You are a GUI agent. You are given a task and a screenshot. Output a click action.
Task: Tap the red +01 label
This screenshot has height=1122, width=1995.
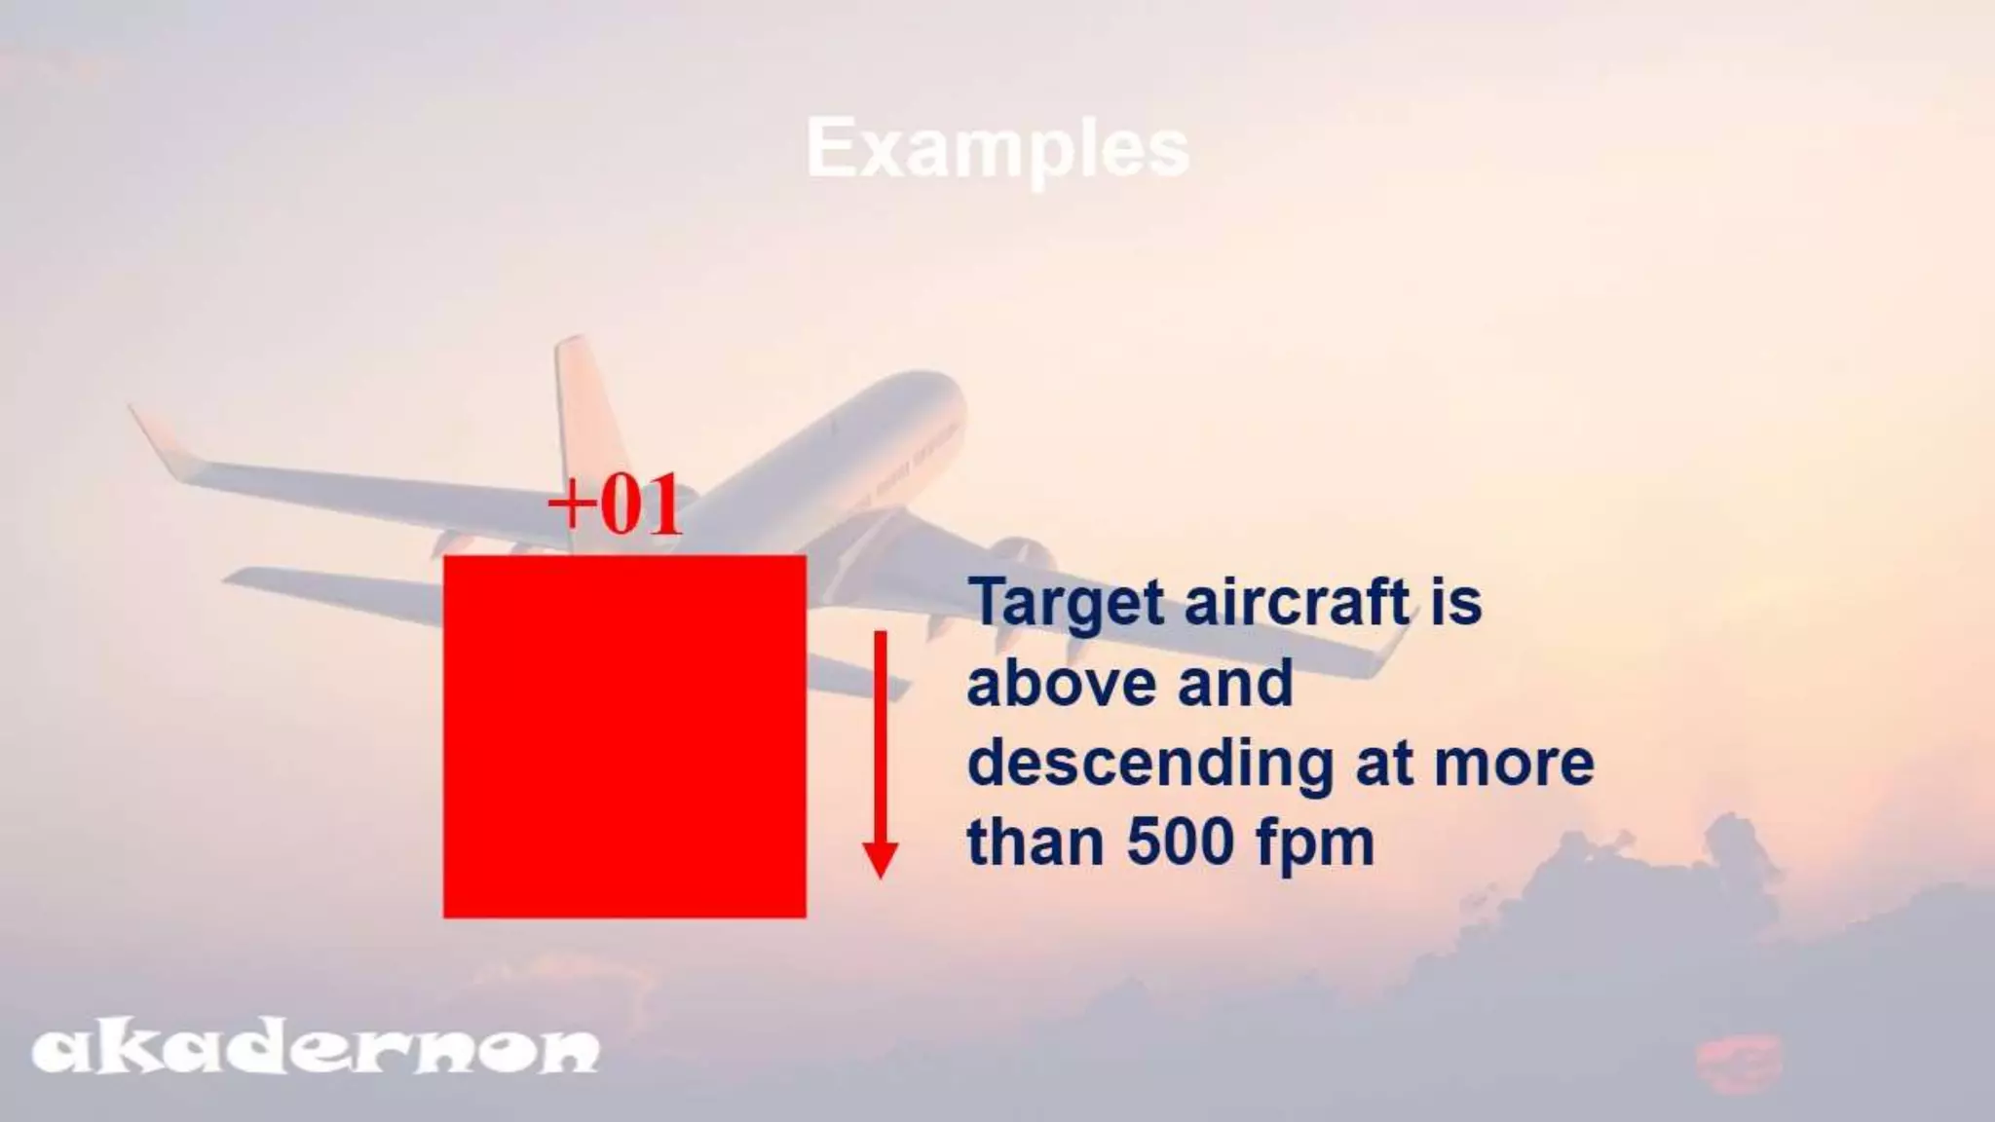615,505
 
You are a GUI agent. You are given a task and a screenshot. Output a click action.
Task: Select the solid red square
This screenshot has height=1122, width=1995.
624,736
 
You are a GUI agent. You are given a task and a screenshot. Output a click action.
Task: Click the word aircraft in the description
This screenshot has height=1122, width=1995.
1297,602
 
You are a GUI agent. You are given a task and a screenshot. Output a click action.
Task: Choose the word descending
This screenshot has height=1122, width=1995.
1150,765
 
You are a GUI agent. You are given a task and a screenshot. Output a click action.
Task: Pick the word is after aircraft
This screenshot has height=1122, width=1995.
1456,602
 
